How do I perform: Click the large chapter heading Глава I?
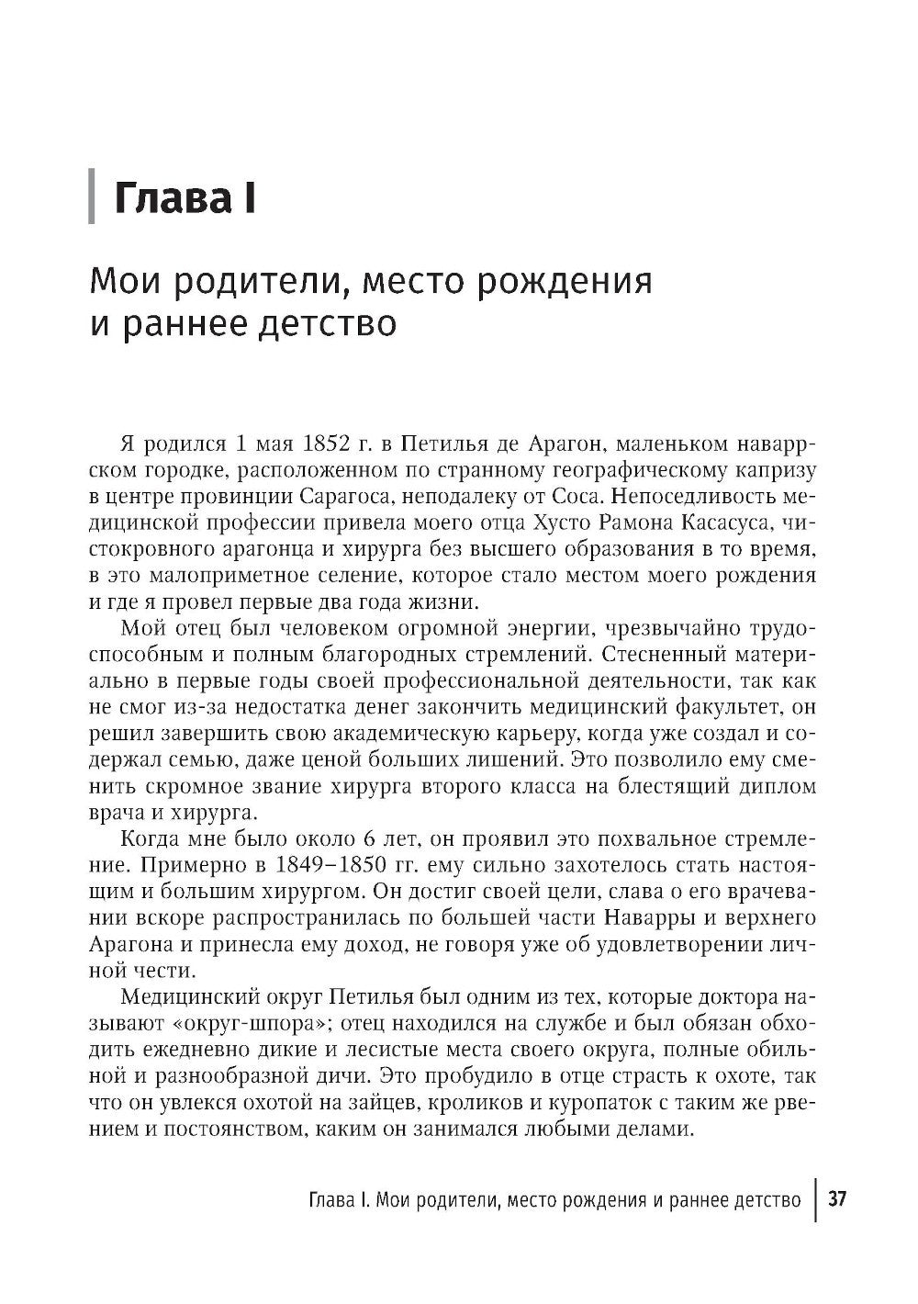point(185,198)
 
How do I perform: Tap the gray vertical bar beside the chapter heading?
point(91,197)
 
